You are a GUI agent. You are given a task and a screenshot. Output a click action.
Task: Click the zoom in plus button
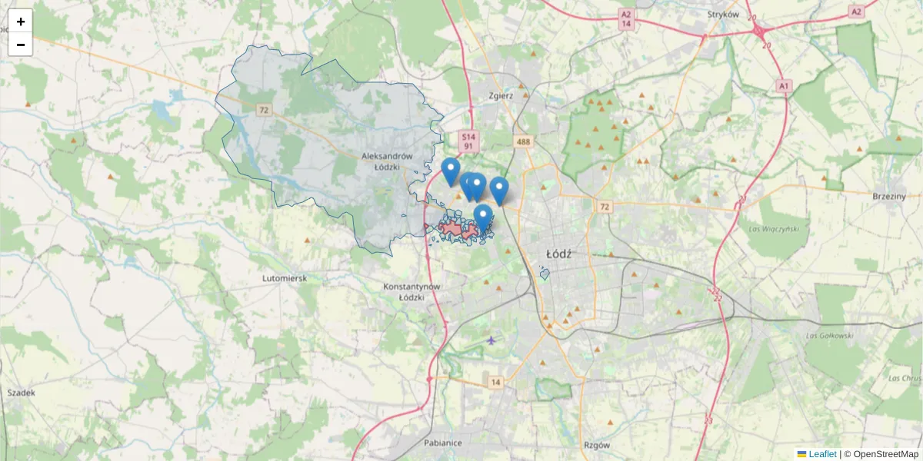(x=21, y=22)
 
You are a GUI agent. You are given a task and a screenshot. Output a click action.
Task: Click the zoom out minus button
(x=21, y=45)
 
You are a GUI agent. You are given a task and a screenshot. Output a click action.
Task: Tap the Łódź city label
(x=556, y=253)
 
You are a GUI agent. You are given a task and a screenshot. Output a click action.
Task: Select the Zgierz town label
(x=501, y=96)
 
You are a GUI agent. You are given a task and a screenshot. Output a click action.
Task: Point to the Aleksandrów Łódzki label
(x=387, y=161)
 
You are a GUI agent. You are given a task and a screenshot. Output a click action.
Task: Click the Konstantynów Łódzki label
(x=411, y=291)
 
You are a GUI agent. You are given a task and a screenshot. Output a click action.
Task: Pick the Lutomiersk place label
(x=285, y=277)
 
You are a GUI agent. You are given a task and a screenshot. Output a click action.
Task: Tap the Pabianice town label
(x=442, y=443)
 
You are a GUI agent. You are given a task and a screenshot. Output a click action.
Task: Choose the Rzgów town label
(x=596, y=445)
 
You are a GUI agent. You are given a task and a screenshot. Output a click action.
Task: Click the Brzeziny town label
(x=889, y=196)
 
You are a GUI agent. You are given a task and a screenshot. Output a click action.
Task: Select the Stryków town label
(x=723, y=14)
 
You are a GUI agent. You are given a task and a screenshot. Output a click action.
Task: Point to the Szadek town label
(x=21, y=393)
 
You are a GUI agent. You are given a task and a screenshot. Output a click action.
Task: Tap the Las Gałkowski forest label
(x=830, y=336)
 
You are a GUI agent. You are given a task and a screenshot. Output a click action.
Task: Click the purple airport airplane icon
(x=491, y=340)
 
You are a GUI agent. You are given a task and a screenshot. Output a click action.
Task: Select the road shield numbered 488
(x=524, y=141)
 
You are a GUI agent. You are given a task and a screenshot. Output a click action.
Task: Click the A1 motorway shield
(x=784, y=85)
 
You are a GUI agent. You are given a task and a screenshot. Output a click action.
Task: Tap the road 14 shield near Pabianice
(x=495, y=382)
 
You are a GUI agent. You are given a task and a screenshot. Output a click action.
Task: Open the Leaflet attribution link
(x=822, y=454)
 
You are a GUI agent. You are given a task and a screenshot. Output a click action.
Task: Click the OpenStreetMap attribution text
(x=885, y=454)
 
